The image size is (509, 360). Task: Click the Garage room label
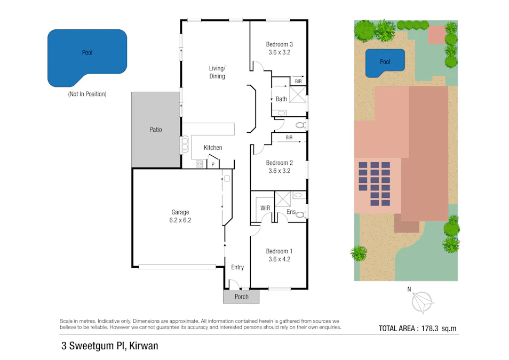180,212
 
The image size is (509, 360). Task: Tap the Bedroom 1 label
279,251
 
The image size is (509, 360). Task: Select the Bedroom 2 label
279,163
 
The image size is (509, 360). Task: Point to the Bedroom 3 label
279,45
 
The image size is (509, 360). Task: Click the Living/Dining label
217,72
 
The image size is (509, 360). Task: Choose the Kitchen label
213,148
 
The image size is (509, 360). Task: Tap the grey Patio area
155,130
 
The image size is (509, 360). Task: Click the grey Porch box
241,297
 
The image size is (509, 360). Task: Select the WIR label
265,208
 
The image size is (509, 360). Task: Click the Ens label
291,212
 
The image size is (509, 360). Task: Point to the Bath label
281,99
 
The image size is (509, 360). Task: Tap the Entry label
237,267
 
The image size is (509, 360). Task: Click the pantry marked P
213,165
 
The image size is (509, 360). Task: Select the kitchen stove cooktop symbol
200,164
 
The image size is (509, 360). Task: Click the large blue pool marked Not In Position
87,58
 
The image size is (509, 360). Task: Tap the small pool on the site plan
385,62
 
